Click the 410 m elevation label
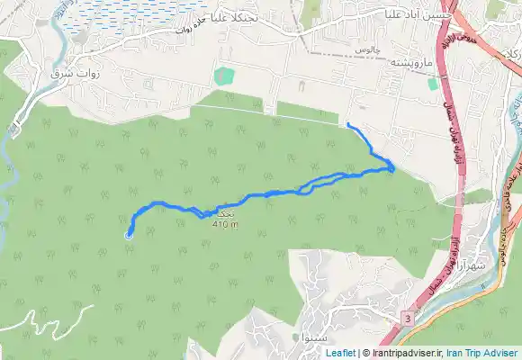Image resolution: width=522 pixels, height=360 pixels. tap(226, 225)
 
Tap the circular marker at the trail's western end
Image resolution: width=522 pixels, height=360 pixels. tap(129, 236)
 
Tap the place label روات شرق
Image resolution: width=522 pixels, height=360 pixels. tap(74, 71)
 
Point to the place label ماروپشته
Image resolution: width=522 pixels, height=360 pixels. tap(412, 64)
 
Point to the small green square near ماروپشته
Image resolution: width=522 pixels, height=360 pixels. tap(432, 84)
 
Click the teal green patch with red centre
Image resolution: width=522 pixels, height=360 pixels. tap(223, 75)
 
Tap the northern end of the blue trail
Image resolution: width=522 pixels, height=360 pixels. tap(347, 123)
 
